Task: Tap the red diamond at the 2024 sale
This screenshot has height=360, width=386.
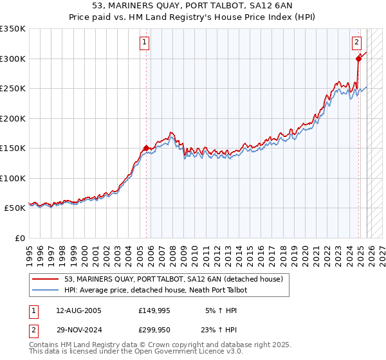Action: (359, 59)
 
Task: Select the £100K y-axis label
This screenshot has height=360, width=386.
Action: (13, 179)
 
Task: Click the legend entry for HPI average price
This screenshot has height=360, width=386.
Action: (156, 290)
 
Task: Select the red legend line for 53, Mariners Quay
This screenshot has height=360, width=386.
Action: (46, 278)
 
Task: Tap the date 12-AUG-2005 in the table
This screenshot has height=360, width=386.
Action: (78, 310)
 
